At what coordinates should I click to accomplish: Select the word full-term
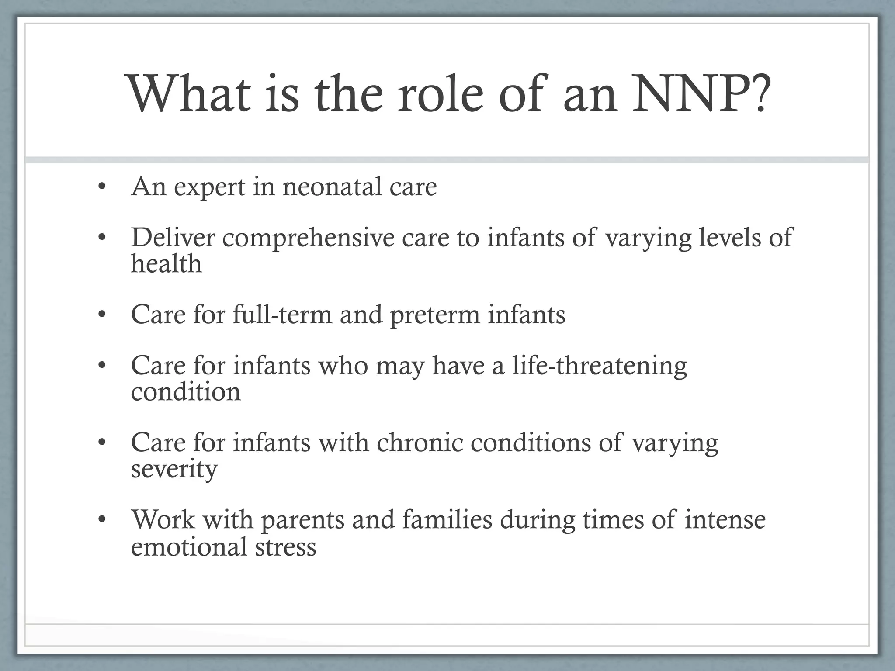[282, 314]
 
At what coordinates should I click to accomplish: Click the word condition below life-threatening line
[186, 391]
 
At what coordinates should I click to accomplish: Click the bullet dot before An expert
[102, 187]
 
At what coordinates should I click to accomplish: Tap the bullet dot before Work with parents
[102, 520]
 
